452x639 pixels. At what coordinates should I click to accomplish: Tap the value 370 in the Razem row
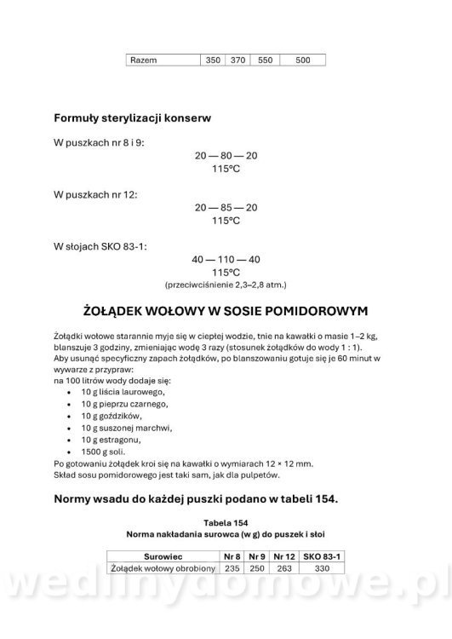[x=238, y=60]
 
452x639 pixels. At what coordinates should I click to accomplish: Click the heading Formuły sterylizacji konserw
[x=133, y=117]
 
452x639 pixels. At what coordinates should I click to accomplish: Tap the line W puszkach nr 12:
[x=95, y=195]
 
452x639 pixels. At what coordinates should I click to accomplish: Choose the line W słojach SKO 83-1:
[x=100, y=246]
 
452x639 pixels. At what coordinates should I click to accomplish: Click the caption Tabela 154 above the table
[x=226, y=522]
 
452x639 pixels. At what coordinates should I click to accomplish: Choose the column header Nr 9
[x=258, y=555]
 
